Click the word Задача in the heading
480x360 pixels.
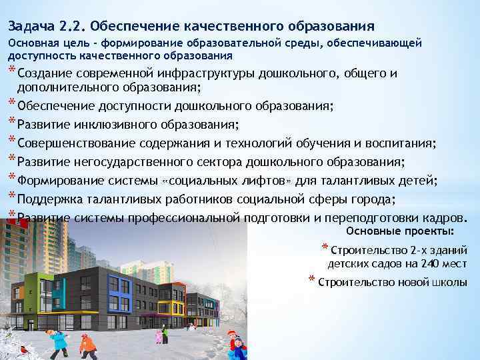[x=30, y=26]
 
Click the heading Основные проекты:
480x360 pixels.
[x=401, y=231]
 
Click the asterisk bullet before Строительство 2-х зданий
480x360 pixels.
[x=325, y=249]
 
